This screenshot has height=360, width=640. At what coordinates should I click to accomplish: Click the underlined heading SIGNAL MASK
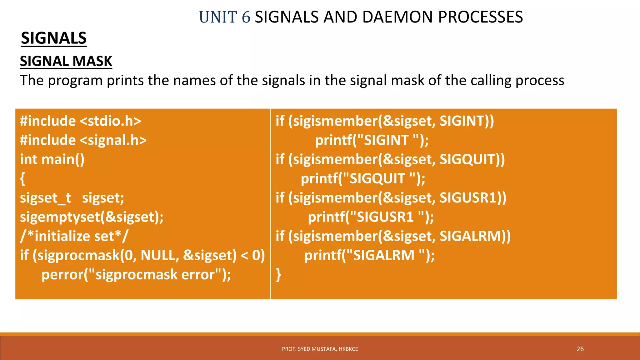[66, 61]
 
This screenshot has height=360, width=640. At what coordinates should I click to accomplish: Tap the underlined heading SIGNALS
[54, 38]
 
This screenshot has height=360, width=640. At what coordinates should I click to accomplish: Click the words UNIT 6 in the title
[225, 17]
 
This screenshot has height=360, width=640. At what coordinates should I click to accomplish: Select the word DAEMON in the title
[398, 17]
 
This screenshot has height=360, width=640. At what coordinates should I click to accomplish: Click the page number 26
[580, 349]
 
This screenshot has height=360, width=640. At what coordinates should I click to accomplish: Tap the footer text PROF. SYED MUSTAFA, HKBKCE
[320, 349]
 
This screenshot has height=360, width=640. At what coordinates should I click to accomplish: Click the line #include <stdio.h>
[80, 121]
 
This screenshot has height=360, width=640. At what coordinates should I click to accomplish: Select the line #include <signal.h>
[83, 140]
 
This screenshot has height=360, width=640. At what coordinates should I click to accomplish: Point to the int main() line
[52, 159]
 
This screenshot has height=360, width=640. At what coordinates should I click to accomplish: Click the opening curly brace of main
[22, 179]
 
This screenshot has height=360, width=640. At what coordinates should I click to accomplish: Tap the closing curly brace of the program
[278, 275]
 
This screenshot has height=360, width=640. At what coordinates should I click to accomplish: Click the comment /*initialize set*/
[74, 236]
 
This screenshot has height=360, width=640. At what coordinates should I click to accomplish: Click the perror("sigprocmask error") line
[136, 275]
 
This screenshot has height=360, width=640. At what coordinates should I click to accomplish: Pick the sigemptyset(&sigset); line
[92, 217]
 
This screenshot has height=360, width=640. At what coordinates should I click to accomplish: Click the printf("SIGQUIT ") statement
[363, 179]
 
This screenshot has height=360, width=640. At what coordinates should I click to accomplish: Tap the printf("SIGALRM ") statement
[369, 256]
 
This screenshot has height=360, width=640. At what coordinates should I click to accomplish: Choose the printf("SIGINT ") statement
[372, 140]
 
